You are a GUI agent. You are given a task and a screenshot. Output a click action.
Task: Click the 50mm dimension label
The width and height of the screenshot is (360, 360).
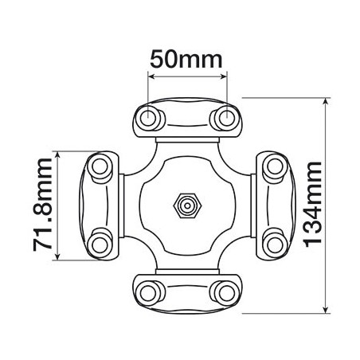(x=186, y=60)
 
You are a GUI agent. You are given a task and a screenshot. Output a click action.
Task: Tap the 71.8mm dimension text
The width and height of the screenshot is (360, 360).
(x=42, y=205)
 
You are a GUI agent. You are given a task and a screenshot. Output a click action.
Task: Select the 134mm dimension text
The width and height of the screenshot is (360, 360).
(x=312, y=205)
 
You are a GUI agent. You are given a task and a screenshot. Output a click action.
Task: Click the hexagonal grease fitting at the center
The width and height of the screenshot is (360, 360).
(x=187, y=205)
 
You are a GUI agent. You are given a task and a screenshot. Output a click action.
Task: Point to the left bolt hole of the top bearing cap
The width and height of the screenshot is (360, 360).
(x=147, y=117)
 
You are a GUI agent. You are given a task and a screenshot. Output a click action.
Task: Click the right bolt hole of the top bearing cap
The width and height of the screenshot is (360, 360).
(x=227, y=117)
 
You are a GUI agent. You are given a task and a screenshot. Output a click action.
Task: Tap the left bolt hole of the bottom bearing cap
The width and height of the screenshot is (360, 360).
(x=147, y=293)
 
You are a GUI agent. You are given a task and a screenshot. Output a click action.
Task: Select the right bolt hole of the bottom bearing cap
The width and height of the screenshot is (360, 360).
(x=227, y=293)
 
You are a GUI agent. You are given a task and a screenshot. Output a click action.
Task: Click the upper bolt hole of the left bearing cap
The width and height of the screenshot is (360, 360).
(x=100, y=166)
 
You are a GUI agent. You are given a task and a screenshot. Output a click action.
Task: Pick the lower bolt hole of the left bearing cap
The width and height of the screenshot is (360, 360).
(x=100, y=245)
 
